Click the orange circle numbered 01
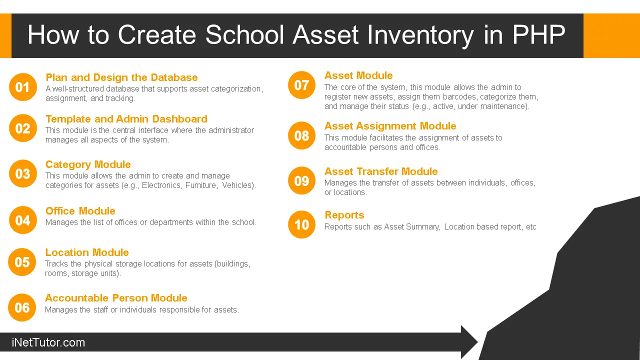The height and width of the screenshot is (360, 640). point(23,87)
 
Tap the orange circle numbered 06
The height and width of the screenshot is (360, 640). point(22,307)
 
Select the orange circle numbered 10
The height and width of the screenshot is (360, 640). point(301,224)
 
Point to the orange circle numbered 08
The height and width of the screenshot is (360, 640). point(301,135)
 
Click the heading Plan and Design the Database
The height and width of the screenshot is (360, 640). point(121,77)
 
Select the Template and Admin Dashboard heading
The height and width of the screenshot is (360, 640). point(126,119)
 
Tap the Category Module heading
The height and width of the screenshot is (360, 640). point(88,164)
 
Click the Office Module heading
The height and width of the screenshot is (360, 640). point(80,211)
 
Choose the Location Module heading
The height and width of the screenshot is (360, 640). point(87,252)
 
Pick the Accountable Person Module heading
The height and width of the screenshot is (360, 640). point(116,298)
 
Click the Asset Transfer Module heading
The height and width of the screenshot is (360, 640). point(380,171)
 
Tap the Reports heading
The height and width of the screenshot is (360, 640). point(344,215)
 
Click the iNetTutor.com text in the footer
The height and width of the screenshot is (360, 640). point(48,343)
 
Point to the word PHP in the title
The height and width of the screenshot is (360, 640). point(538,35)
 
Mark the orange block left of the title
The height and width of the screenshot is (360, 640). point(5,35)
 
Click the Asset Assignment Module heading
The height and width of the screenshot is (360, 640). point(390,126)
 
